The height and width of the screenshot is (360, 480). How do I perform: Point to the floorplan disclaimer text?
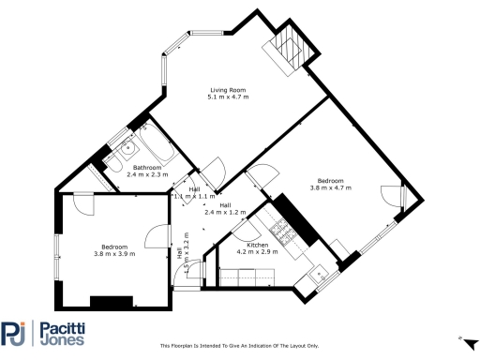coord(240,345)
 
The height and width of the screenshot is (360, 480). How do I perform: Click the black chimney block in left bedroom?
coord(111,302)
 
